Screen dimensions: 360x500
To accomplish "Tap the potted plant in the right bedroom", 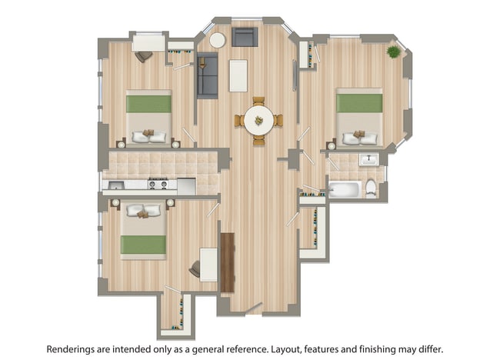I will click(394, 52).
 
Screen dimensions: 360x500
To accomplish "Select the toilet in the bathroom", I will click(372, 187).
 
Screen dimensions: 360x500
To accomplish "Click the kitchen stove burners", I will click(158, 184).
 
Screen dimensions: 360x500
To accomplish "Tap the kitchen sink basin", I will click(115, 185).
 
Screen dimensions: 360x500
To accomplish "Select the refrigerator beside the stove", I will click(186, 185).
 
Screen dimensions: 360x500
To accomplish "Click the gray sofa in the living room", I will click(207, 76).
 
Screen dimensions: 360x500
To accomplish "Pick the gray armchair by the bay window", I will click(244, 38).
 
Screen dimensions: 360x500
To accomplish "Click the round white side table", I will click(218, 40).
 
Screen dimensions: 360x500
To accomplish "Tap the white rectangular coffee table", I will click(238, 75).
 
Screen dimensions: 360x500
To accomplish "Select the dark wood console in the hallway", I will click(227, 262).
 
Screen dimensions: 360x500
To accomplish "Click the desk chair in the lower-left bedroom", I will click(195, 268).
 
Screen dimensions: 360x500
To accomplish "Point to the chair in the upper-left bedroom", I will click(142, 55).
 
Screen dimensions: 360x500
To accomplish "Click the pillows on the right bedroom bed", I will click(359, 138).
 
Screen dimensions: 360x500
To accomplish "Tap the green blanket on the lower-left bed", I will click(143, 244).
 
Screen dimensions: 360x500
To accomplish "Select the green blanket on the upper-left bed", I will click(148, 102).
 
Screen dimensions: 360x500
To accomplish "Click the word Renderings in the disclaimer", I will click(76, 348).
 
